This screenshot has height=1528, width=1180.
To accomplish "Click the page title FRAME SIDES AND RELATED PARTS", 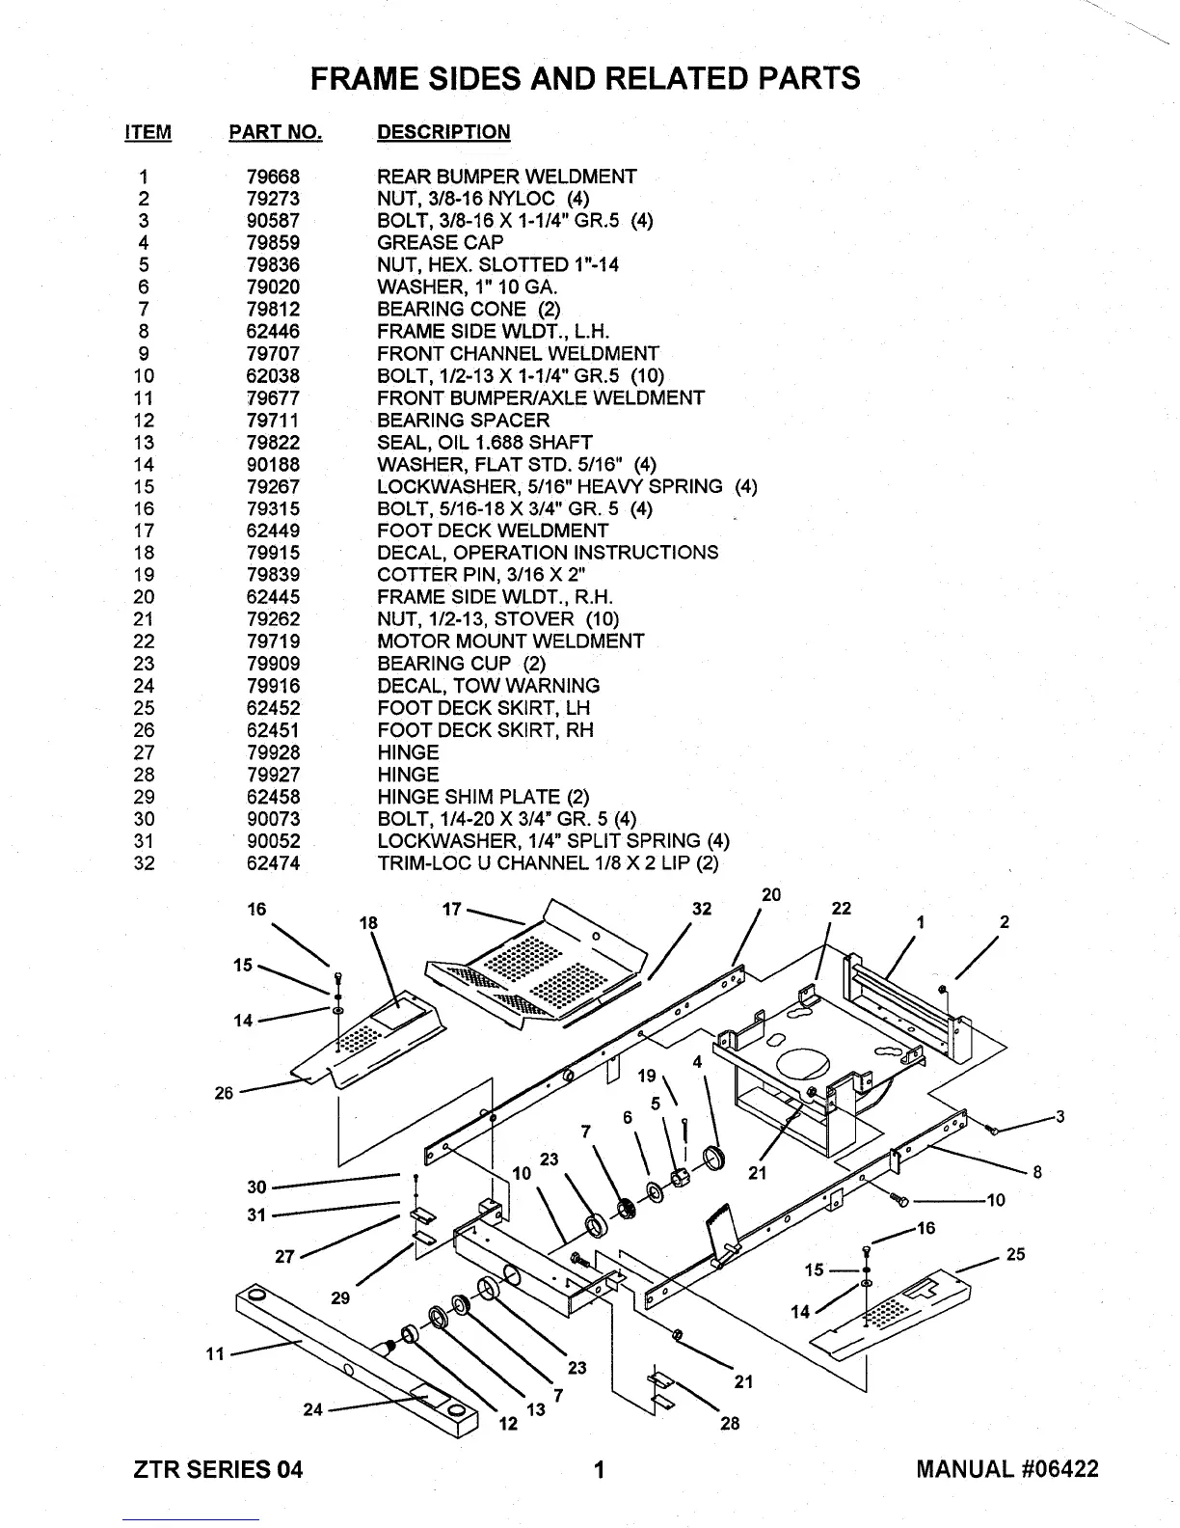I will tap(585, 77).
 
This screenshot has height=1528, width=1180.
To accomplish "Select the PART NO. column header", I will tap(275, 133).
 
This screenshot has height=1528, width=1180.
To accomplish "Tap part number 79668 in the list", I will tap(273, 177).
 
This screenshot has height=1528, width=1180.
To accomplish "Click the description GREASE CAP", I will tap(440, 243).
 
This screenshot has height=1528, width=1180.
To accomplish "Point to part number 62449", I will tap(273, 531).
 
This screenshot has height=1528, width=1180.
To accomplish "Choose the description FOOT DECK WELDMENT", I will tap(493, 531).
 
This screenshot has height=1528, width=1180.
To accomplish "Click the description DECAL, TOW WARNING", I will tap(488, 686).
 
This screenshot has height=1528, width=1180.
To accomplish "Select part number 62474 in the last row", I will tap(273, 863).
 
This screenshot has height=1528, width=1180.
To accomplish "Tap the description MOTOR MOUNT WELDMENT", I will tap(510, 641).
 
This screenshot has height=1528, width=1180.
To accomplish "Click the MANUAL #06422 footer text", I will tap(1006, 1469).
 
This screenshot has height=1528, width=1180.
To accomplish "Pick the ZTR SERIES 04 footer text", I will tap(218, 1469).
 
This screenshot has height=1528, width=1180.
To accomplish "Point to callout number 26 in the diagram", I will tap(224, 1093).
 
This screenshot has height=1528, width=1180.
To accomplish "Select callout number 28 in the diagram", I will tap(730, 1423).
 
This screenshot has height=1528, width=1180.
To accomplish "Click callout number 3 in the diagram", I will tap(1059, 1117).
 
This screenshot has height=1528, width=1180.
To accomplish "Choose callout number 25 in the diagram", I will tap(1015, 1254).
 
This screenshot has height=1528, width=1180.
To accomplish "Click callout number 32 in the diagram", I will tap(702, 909).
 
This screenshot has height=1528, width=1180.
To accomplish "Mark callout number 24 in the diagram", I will tap(312, 1409).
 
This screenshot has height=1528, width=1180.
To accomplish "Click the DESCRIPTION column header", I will tap(443, 133).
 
